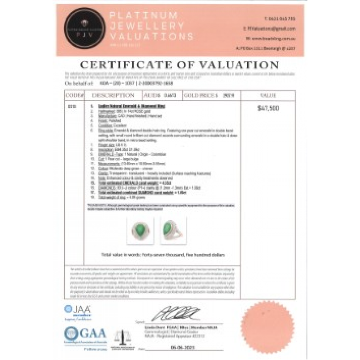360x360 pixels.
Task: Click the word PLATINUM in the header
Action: [143, 16]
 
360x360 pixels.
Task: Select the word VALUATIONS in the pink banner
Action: [151, 36]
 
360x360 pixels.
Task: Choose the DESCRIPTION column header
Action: [113, 95]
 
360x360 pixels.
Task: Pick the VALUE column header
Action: [268, 95]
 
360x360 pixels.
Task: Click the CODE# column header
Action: [74, 95]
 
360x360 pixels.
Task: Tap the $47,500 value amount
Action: [268, 108]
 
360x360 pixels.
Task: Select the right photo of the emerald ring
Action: [171, 230]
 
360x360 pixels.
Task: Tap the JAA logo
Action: [77, 311]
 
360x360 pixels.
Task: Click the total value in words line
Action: [163, 255]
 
